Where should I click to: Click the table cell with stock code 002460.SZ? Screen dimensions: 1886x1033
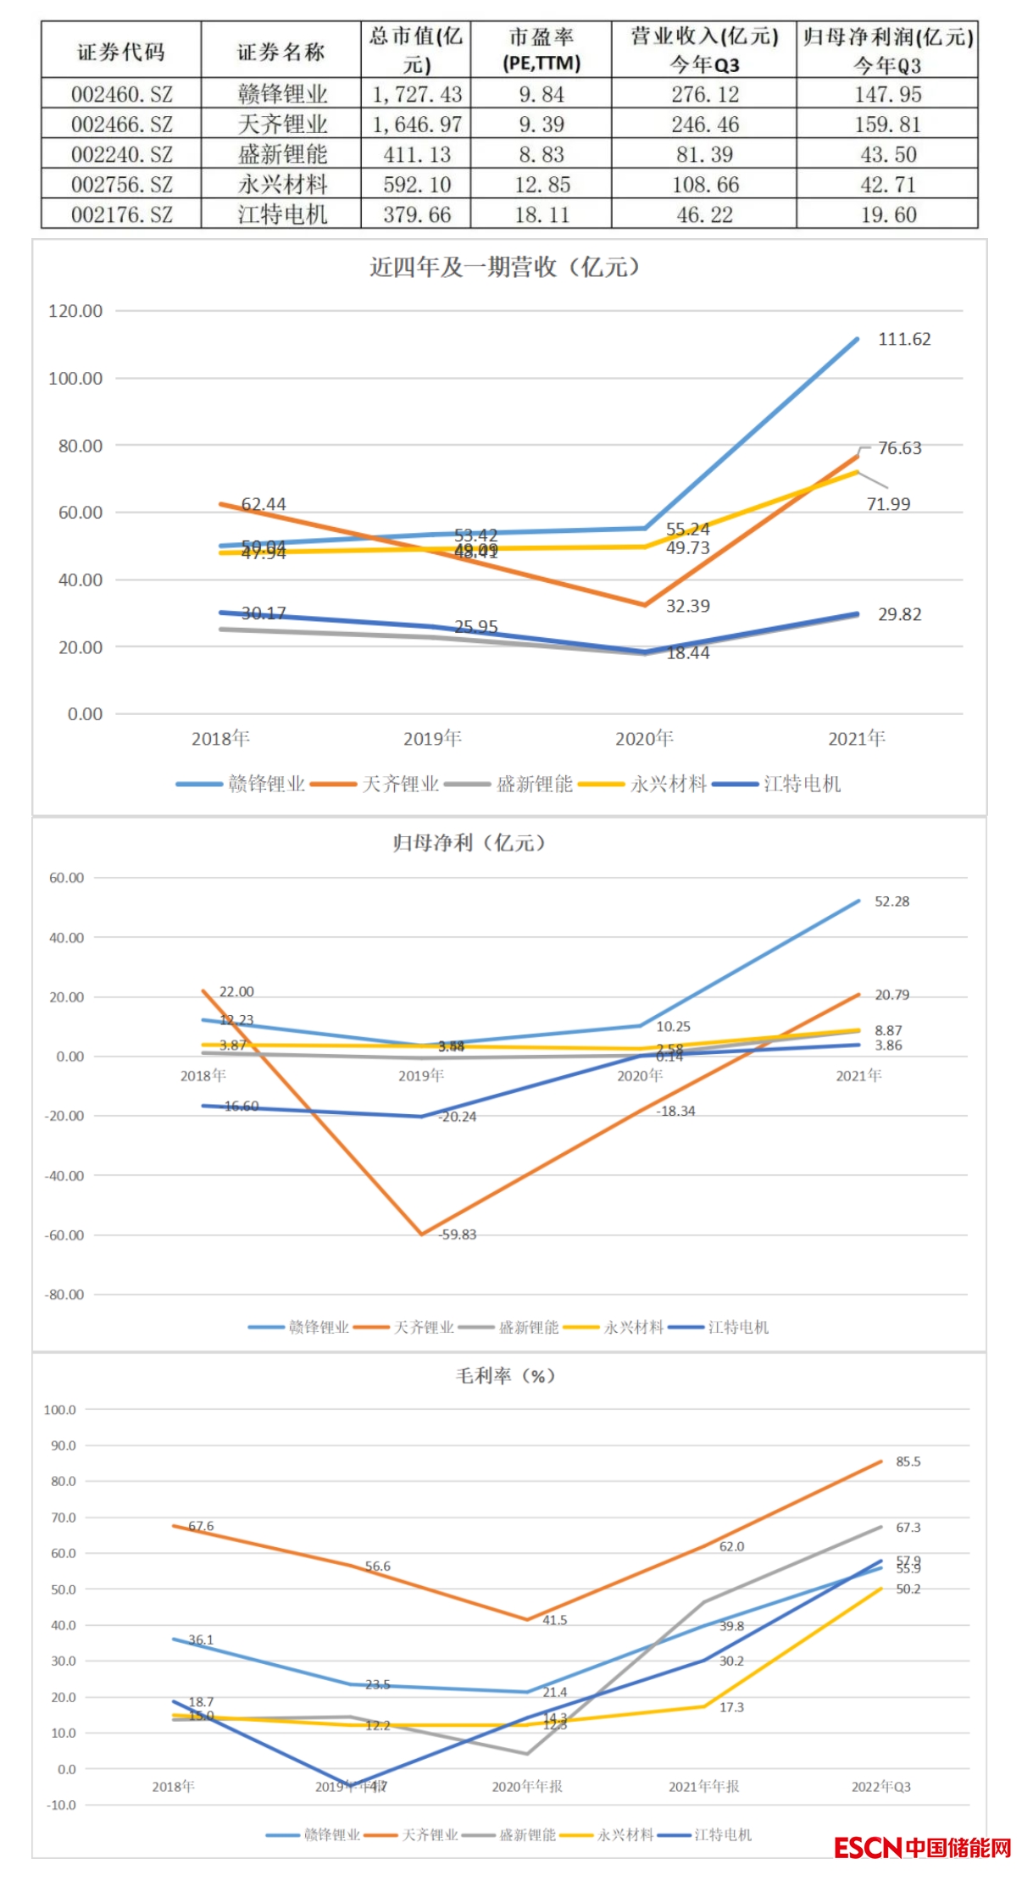tap(121, 94)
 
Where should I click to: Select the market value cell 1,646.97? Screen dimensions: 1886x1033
tap(416, 125)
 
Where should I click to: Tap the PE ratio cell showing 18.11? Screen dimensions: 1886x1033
tap(541, 215)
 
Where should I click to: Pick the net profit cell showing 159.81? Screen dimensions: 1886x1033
tap(886, 125)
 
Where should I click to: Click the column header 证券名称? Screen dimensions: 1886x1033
tap(280, 53)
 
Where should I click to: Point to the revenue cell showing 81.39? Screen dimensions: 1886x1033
tap(704, 155)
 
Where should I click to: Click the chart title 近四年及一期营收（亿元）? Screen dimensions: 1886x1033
tap(505, 268)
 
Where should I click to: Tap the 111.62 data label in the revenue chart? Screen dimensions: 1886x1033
tap(903, 340)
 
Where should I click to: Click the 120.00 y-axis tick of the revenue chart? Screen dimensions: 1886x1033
tap(75, 311)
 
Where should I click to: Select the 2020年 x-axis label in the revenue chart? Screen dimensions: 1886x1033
tap(644, 739)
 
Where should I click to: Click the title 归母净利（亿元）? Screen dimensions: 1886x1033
tap(469, 843)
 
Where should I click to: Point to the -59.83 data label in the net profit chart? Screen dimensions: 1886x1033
tap(458, 1234)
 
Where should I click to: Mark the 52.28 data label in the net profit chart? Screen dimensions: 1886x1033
tap(891, 901)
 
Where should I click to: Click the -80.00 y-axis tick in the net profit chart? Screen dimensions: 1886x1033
tap(65, 1295)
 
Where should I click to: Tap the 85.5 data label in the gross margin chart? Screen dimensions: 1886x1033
tap(908, 1462)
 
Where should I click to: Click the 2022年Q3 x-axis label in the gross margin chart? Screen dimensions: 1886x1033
tap(880, 1787)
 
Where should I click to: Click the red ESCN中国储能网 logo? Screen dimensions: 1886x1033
tap(922, 1847)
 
